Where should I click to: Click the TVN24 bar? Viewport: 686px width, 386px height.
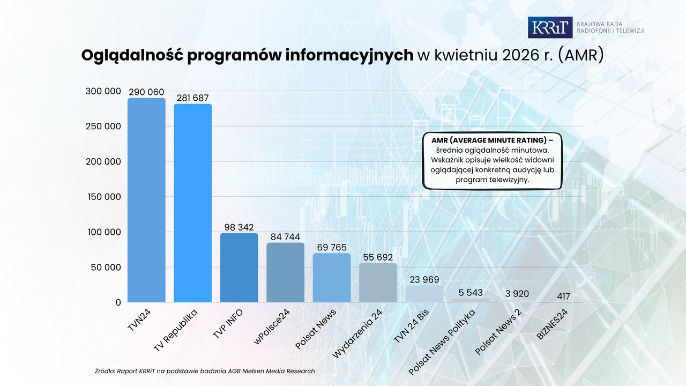pos(146,200)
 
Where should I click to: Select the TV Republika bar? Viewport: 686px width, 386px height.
pos(192,203)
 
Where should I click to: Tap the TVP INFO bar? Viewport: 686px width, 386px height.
pos(239,268)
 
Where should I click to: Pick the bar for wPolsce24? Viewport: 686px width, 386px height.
pos(285,273)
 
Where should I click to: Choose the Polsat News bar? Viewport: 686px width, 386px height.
pos(332,278)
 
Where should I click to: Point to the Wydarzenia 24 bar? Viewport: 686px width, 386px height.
pos(378,283)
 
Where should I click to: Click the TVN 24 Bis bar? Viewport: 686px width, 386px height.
pos(424,294)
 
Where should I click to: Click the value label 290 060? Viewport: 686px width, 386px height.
pos(146,92)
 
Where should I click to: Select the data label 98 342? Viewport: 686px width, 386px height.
pos(239,227)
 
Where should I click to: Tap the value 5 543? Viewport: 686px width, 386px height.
pos(471,293)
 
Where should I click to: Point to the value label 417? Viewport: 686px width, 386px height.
pos(563,296)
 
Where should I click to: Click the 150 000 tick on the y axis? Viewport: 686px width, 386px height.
pos(104,197)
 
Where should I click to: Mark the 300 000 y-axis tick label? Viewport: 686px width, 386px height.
pos(103,91)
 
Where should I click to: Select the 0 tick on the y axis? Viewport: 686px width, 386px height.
pos(118,303)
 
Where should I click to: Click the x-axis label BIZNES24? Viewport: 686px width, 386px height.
pos(552,324)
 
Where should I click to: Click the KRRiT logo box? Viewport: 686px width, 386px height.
pos(550,27)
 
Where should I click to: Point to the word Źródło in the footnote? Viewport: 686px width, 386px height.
pos(105,371)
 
